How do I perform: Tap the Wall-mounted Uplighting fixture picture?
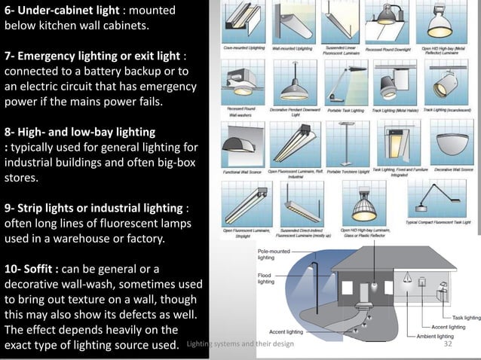[x=292, y=26]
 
